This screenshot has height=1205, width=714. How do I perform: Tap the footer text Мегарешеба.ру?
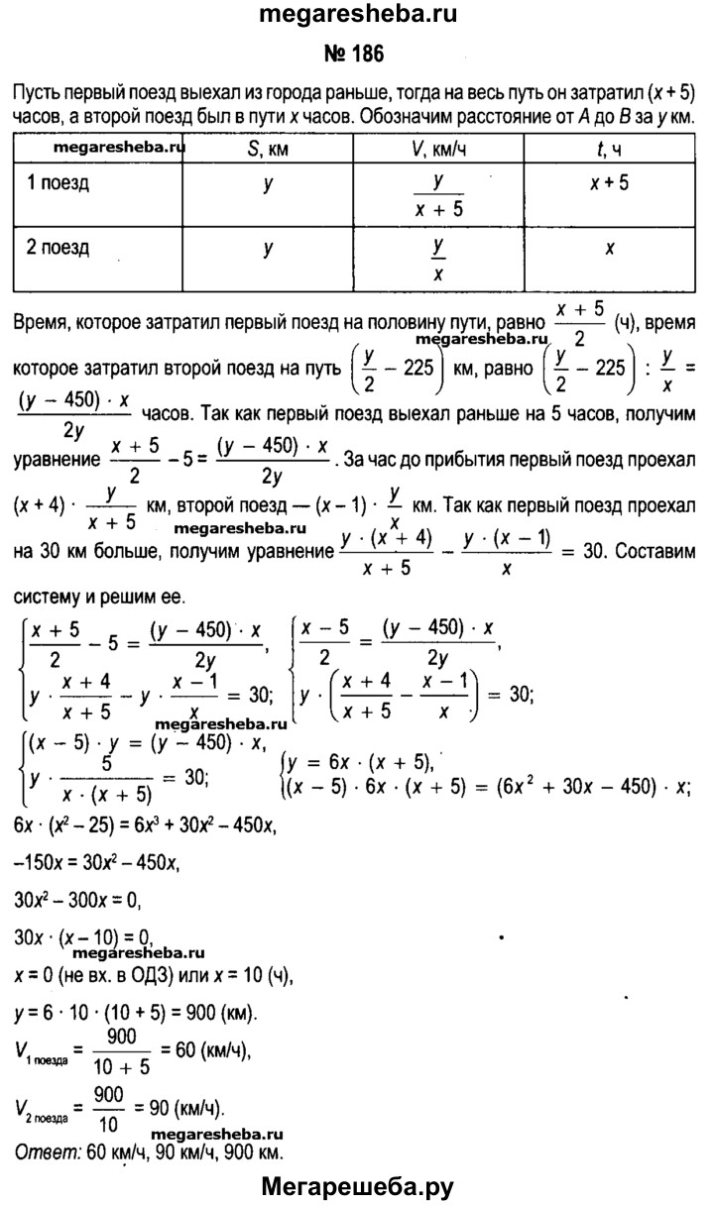pos(357,1183)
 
